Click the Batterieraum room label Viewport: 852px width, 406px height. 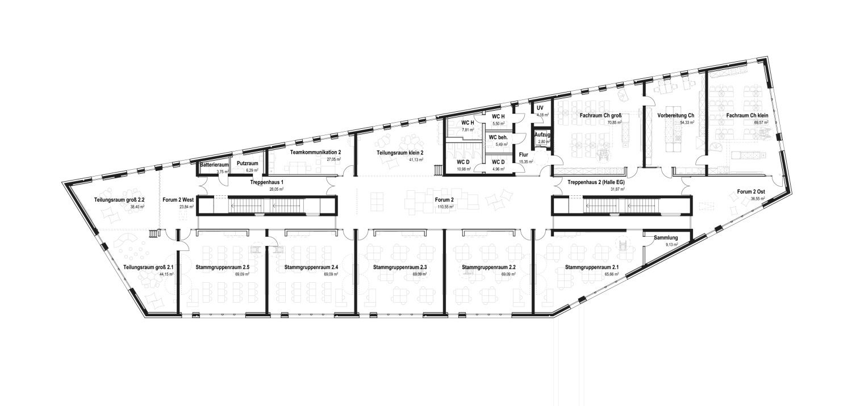(x=214, y=165)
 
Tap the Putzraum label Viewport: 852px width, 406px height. (x=247, y=164)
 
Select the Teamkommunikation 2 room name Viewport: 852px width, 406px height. (x=315, y=153)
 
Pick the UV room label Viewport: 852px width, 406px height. (x=540, y=108)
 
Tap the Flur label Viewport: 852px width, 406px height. (x=523, y=154)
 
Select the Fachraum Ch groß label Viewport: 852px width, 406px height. (x=601, y=115)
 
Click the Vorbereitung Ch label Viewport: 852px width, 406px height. (x=676, y=115)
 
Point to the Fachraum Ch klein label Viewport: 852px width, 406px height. (x=747, y=115)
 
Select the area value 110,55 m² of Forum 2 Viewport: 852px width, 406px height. (x=444, y=207)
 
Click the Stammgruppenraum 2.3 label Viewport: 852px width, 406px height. (x=396, y=267)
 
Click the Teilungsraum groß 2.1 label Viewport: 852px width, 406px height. (x=148, y=267)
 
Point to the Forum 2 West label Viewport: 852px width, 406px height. (x=178, y=199)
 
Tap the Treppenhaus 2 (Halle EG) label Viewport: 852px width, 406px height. (x=596, y=182)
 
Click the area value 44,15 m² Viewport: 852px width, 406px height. (x=166, y=274)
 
